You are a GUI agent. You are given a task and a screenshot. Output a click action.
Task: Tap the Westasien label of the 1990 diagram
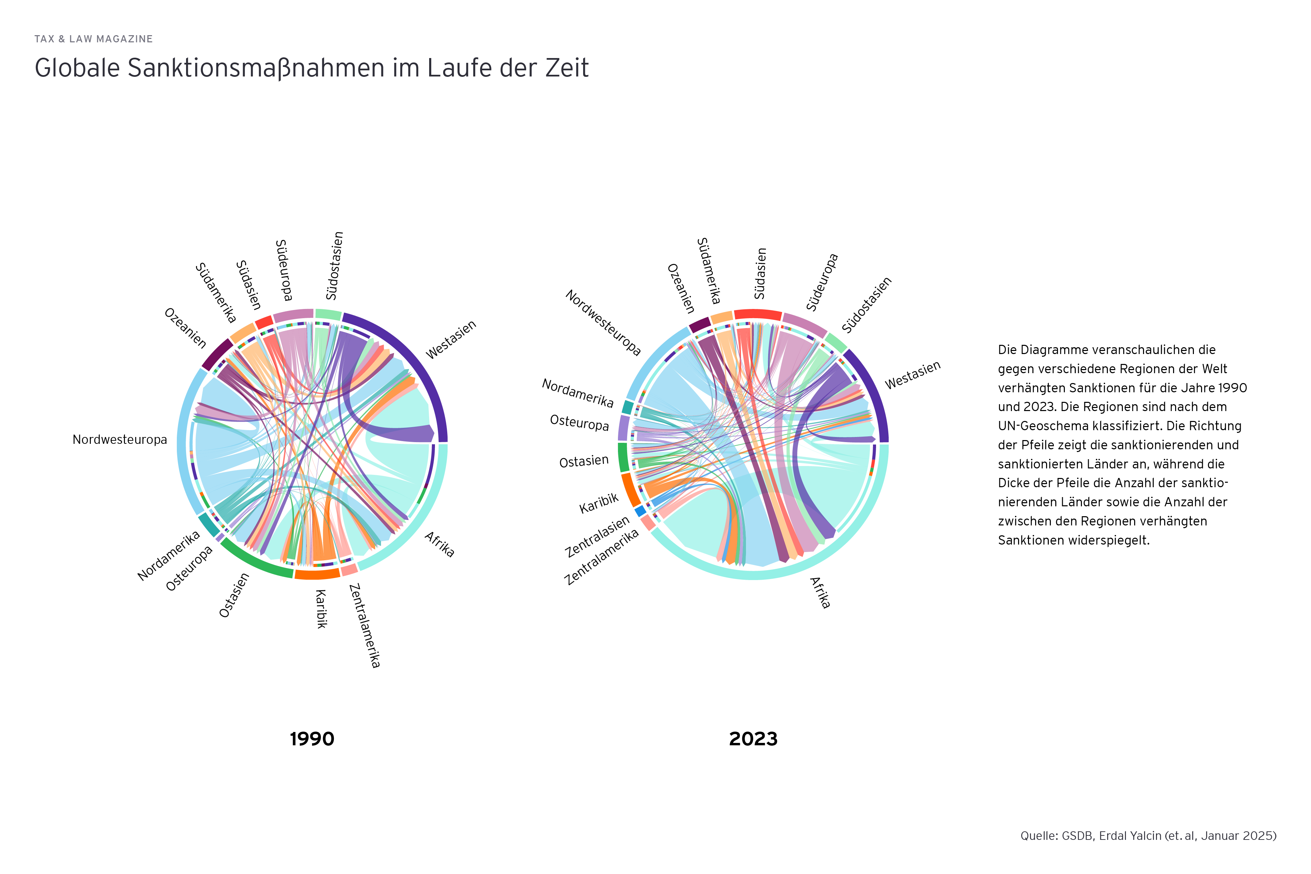[x=451, y=339]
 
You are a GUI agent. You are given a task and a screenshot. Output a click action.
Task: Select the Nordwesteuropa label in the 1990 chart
[x=120, y=440]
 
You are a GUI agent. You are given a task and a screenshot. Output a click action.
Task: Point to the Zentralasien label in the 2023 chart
[x=597, y=536]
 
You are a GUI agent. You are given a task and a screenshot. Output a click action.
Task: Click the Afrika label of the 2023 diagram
[x=820, y=593]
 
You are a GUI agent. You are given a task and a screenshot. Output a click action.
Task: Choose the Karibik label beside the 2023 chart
[x=598, y=503]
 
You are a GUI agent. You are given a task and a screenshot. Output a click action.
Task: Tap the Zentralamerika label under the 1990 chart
[x=365, y=625]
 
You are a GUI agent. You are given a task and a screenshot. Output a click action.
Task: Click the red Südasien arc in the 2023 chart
[x=758, y=314]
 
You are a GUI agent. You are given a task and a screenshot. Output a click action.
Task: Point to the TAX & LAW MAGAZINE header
[x=94, y=39]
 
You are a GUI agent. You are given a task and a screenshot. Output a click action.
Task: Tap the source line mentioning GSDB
[x=1148, y=835]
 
